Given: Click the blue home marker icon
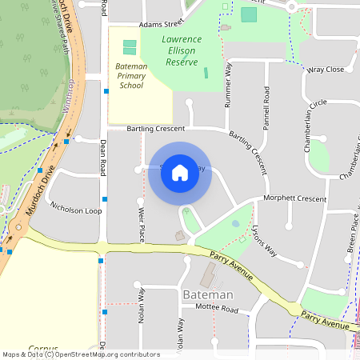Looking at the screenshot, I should [180, 172].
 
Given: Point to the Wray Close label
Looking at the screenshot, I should [326, 70].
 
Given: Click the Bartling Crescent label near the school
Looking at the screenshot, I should [156, 128].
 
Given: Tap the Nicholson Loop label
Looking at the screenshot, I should [76, 210].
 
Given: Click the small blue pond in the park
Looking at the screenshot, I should [235, 223].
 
